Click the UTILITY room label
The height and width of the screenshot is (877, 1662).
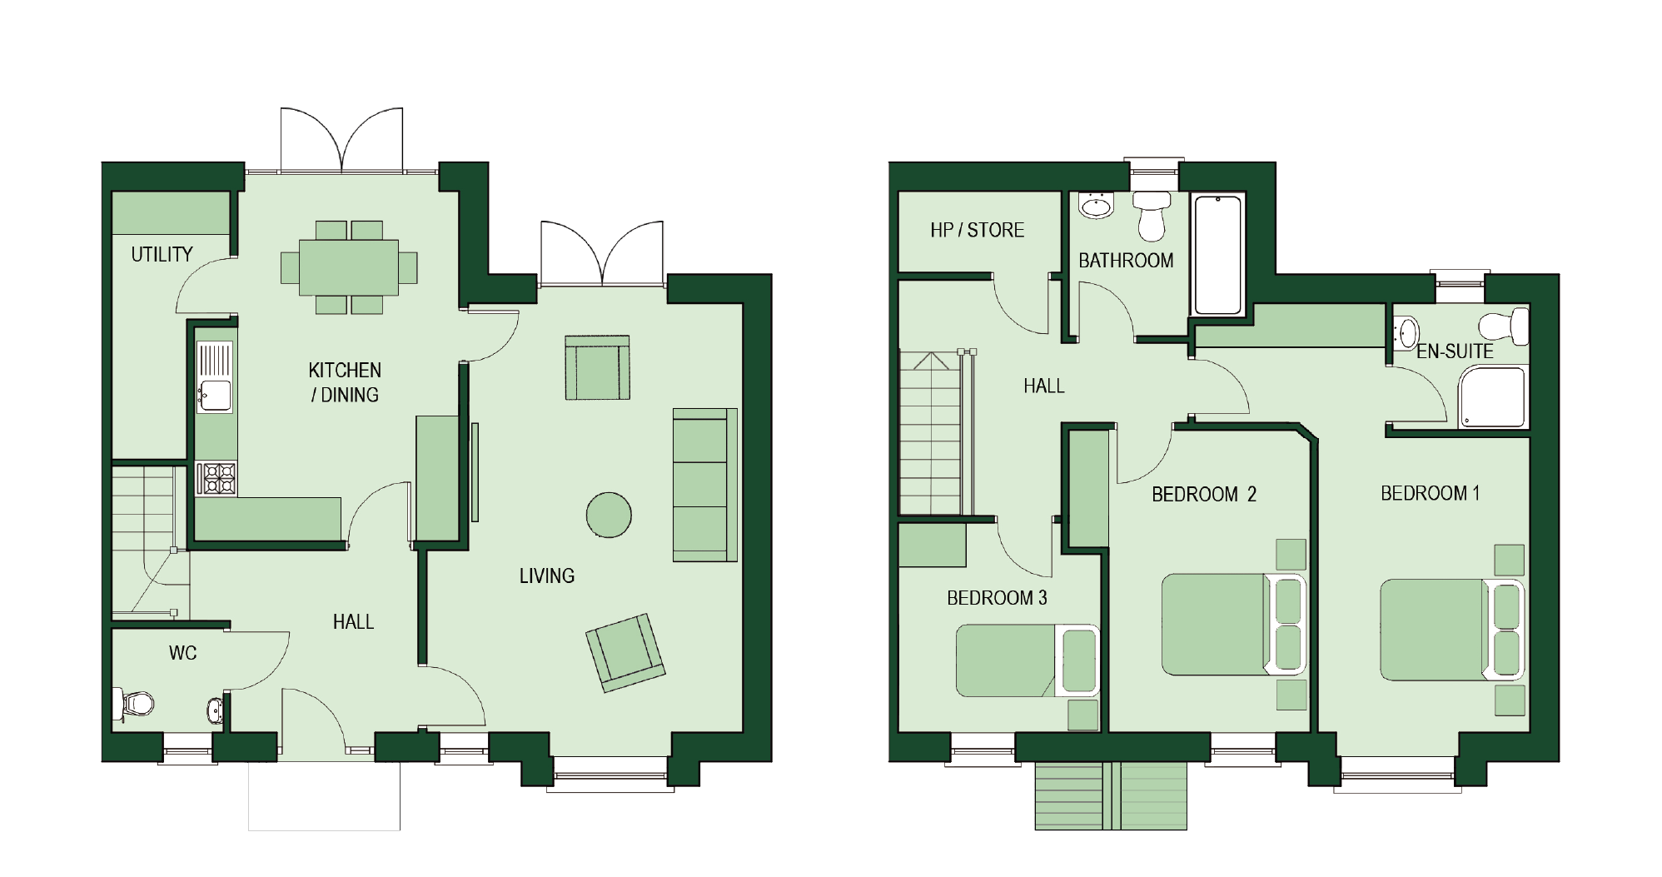(162, 254)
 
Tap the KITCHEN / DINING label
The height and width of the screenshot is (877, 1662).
(345, 382)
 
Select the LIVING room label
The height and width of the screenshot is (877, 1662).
(547, 576)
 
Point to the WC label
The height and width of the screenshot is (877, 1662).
(183, 653)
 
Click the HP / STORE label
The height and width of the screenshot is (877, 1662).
(978, 230)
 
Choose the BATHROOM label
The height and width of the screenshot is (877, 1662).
(1126, 261)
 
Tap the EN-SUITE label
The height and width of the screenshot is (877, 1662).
(1455, 351)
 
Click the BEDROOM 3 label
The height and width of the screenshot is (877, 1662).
(997, 598)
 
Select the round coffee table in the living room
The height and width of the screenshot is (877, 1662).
(609, 515)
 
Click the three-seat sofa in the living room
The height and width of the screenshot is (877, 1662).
(705, 485)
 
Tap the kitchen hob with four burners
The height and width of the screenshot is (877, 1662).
(216, 479)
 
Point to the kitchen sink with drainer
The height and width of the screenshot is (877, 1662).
(215, 377)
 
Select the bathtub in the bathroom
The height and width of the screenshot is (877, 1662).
(1218, 254)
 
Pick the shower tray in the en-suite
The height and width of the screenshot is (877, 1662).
(1492, 397)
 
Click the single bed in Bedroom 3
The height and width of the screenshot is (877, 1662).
(1028, 660)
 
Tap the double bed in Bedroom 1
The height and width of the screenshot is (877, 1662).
(1452, 630)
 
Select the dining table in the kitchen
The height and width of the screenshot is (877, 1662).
(349, 267)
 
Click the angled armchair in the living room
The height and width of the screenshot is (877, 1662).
(625, 653)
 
